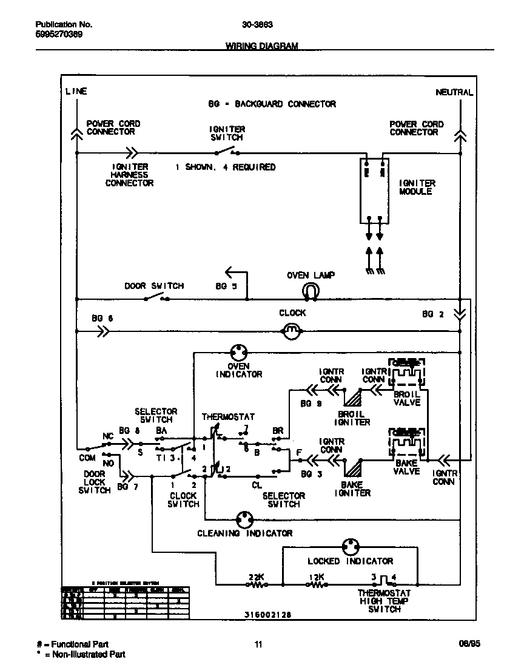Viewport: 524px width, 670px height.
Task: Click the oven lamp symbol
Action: click(311, 292)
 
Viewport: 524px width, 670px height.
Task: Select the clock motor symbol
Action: click(292, 331)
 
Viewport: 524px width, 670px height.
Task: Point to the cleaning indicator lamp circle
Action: click(244, 519)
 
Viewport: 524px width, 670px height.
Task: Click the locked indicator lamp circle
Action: click(351, 547)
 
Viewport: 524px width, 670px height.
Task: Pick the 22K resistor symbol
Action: click(256, 585)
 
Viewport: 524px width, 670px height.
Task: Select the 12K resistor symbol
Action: click(317, 585)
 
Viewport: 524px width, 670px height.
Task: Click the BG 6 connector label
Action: click(102, 318)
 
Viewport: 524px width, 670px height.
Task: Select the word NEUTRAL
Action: click(454, 92)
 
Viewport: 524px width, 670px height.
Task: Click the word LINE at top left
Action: click(76, 92)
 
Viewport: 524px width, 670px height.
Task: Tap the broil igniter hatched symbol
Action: click(352, 398)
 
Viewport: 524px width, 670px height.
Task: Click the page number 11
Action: click(258, 645)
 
